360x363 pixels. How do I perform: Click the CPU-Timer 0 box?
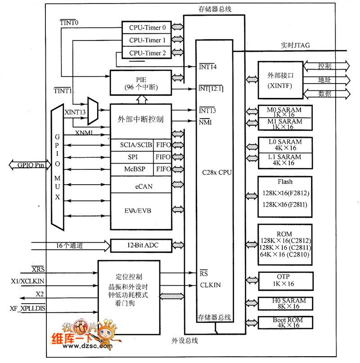tap(147, 28)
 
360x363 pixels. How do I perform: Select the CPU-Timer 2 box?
tap(147, 53)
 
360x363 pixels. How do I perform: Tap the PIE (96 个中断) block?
tap(141, 82)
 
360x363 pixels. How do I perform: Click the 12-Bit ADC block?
tap(141, 245)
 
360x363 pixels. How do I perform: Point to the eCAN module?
tap(141, 185)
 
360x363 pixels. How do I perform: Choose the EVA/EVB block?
tap(141, 210)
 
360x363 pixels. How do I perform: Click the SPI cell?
tap(132, 157)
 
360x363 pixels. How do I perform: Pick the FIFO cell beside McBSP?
tap(163, 169)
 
